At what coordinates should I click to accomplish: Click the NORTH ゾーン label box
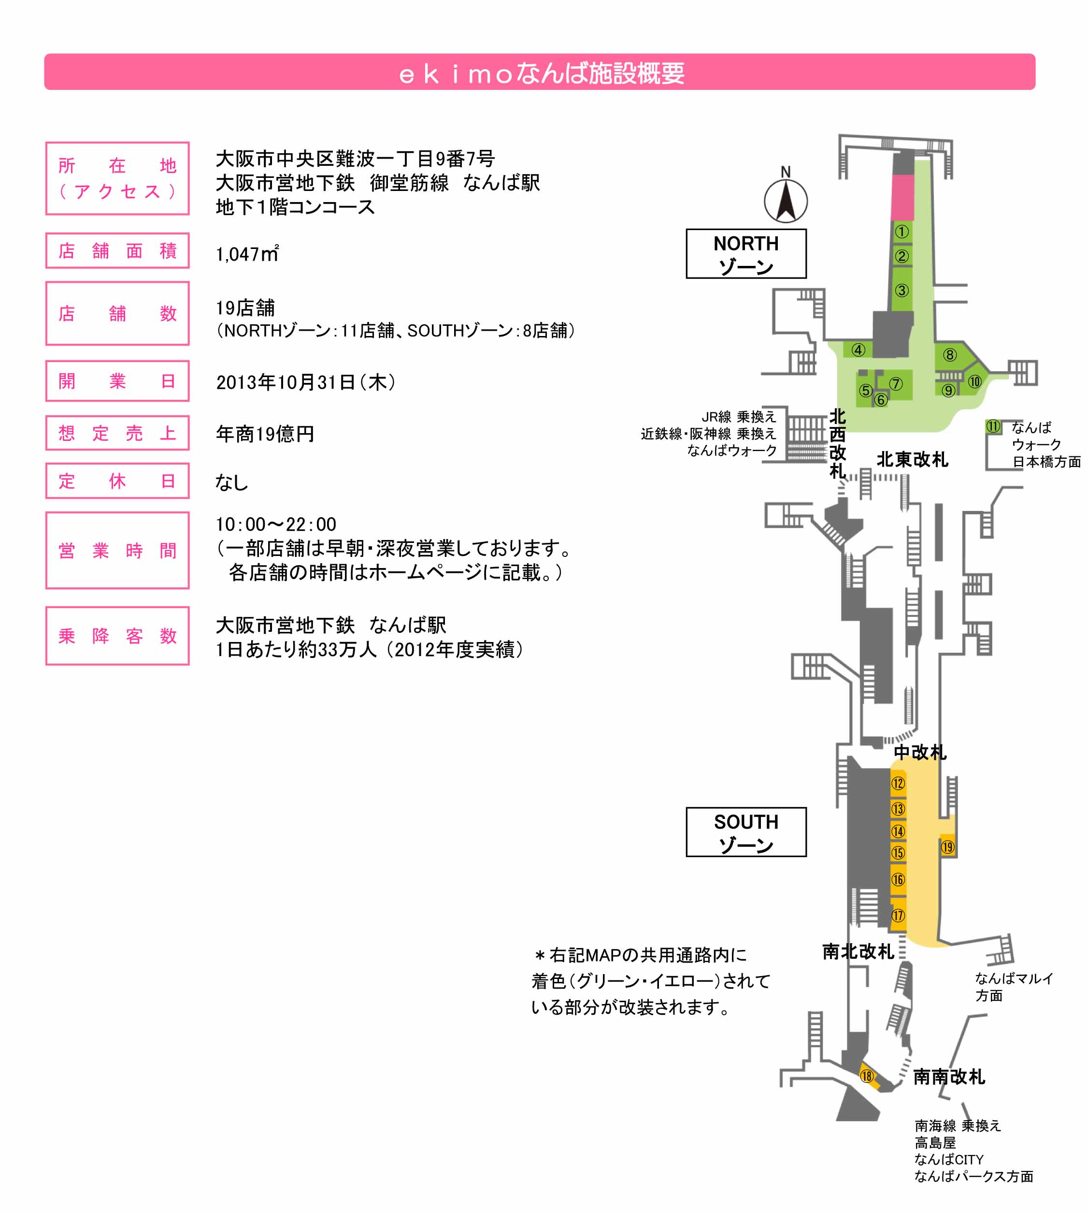[x=746, y=254]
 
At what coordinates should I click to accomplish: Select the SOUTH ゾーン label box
[x=746, y=832]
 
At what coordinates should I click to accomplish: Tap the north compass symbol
[x=786, y=201]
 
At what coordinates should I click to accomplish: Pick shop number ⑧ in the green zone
[x=950, y=355]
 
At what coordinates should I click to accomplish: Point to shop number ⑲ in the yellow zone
[x=948, y=847]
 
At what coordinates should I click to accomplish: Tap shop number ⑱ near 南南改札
[x=867, y=1076]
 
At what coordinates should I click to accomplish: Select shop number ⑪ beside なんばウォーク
[x=993, y=426]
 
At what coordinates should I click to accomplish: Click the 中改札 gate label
[x=920, y=752]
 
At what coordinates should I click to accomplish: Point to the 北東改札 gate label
[x=912, y=460]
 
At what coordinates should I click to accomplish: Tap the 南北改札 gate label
[x=858, y=951]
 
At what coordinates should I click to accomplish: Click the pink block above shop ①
[x=902, y=197]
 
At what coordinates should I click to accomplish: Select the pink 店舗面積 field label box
[x=118, y=250]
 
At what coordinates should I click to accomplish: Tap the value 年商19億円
[x=265, y=434]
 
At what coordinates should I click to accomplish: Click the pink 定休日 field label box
[x=118, y=481]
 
